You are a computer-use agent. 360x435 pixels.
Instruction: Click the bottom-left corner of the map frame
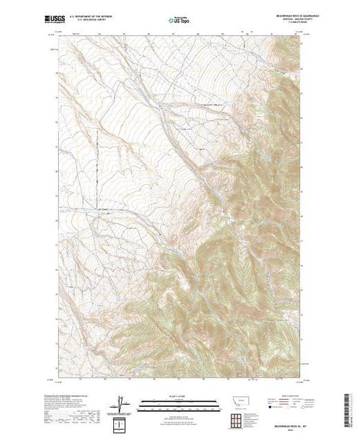(x=58, y=376)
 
